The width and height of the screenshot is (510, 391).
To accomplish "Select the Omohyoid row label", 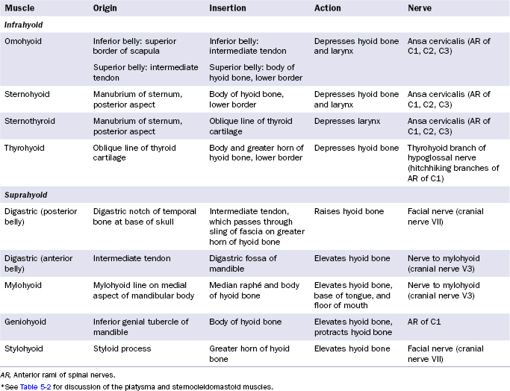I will click(24, 42).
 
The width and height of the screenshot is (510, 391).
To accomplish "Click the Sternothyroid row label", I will click(28, 121).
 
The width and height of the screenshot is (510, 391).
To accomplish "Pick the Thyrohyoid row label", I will click(25, 148).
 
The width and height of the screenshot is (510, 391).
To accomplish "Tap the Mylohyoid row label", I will click(24, 284).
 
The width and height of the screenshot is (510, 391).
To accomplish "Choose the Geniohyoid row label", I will click(25, 322).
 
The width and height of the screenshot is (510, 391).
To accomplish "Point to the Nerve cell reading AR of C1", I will click(426, 322).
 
